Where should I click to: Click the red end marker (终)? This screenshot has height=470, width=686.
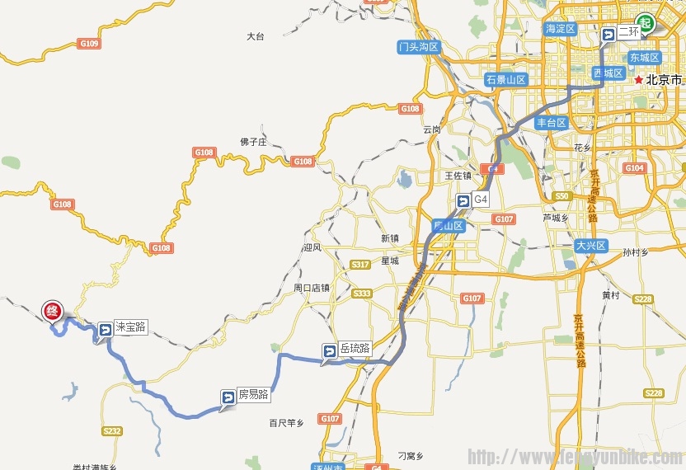pos(52,311)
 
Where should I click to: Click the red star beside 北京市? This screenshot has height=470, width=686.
pos(639,80)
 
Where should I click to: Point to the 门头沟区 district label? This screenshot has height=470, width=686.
pos(418,47)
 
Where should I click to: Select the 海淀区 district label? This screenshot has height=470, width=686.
pos(561,29)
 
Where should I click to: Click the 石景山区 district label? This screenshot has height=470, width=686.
pos(505,80)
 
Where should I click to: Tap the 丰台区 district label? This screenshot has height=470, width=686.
pos(551,123)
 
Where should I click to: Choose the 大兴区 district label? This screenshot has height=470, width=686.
pos(590,246)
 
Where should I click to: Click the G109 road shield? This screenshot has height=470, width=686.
pos(88,43)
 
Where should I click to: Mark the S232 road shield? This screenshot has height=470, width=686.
pos(112,430)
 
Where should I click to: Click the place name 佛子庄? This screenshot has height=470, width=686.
pos(254,142)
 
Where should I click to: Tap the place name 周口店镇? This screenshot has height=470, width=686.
pos(312,288)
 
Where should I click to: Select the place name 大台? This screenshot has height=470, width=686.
pos(256,36)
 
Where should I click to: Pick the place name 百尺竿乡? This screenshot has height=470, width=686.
pos(286,423)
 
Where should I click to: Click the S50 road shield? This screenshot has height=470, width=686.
pos(562,196)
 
